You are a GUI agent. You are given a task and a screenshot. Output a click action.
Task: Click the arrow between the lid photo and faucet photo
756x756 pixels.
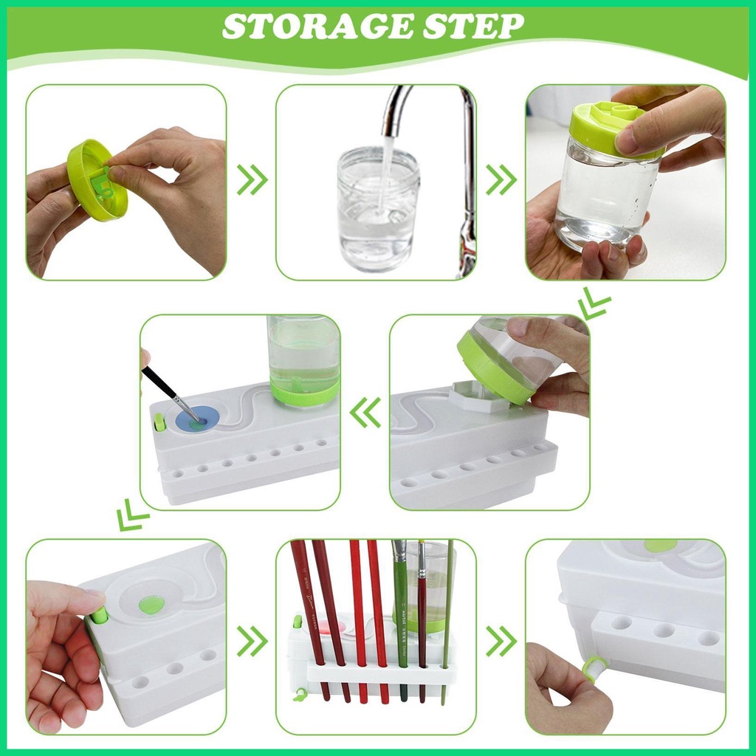(x=252, y=180)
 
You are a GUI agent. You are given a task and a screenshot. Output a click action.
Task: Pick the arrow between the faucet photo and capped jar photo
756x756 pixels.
(x=502, y=180)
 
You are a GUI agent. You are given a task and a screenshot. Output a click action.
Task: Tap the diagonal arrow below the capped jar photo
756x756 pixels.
(x=594, y=303)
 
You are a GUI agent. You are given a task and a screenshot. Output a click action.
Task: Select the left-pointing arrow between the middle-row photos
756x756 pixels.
(x=366, y=413)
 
